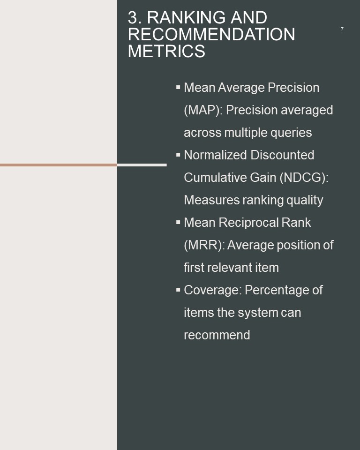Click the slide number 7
[x=342, y=29]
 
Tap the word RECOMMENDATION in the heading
[x=211, y=34]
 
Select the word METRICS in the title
[x=166, y=52]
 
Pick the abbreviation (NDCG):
[x=304, y=178]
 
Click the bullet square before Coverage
[x=178, y=290]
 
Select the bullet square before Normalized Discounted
[x=178, y=155]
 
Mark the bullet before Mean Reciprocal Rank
[x=178, y=222]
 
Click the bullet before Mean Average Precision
[x=178, y=87]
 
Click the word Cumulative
[x=215, y=178]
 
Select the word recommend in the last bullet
[x=217, y=335]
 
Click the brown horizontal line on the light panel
[x=59, y=165]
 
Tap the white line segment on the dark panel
[x=142, y=165]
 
